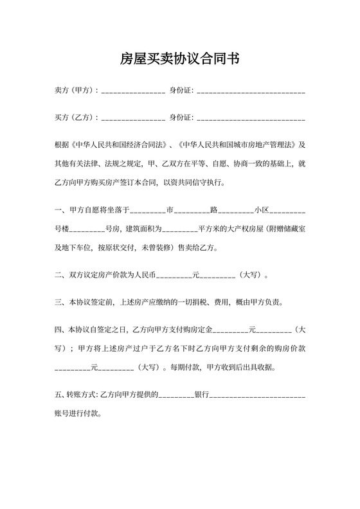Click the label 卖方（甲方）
(75, 91)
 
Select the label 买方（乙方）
(75, 118)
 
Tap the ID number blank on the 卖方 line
(251, 92)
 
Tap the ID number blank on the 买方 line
(251, 119)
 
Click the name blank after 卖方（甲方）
(133, 92)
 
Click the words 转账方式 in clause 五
(82, 393)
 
